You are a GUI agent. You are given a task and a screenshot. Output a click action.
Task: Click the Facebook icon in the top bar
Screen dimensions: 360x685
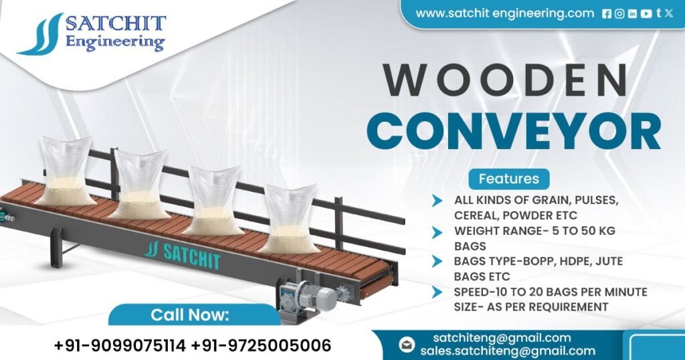coord(607,13)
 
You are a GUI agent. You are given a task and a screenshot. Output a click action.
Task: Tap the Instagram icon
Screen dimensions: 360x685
coord(619,13)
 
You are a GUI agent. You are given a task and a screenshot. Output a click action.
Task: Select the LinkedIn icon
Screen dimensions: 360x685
coord(632,13)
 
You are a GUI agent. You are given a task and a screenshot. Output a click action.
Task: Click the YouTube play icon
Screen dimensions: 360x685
coord(646,13)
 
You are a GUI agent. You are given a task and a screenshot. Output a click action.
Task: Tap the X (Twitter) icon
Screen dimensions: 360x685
coord(669,13)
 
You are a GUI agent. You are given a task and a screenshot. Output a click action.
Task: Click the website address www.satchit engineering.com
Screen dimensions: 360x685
coord(504,13)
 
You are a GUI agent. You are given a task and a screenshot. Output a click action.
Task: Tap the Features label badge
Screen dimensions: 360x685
coord(509,179)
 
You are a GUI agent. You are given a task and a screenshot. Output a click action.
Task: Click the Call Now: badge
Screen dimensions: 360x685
coord(190,314)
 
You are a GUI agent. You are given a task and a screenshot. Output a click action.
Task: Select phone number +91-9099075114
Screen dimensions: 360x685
coord(120,346)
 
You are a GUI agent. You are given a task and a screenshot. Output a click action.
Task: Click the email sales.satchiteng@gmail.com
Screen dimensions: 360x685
coord(508,351)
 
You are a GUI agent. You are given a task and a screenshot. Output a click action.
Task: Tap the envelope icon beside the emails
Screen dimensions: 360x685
coord(407,344)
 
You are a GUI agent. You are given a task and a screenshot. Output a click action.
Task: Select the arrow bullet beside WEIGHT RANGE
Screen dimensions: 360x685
coord(437,232)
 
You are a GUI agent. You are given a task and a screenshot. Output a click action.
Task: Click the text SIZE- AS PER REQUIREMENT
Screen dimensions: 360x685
coord(530,306)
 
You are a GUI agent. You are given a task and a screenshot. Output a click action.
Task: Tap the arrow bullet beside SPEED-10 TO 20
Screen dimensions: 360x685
coord(437,292)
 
